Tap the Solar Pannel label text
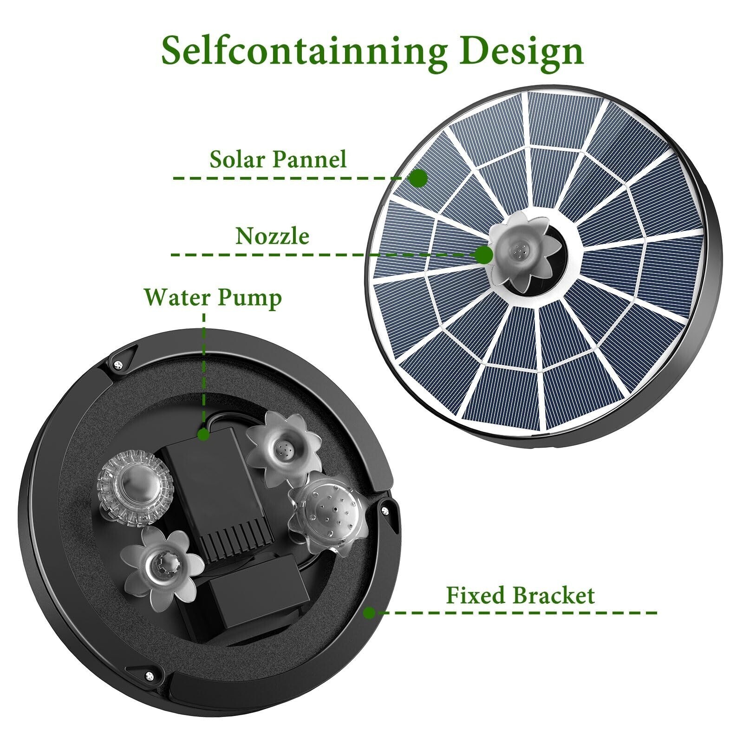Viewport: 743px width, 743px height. tap(278, 159)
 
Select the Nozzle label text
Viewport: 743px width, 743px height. tap(272, 236)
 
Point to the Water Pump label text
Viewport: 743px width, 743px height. tap(213, 298)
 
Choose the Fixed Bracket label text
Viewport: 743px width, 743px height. tap(520, 595)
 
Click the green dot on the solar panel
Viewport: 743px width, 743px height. tap(419, 178)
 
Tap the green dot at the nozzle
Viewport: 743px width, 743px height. tap(484, 254)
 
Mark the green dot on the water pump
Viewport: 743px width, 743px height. tap(203, 434)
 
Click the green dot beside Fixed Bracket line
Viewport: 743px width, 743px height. tap(370, 613)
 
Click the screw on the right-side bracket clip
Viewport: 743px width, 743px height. tap(385, 510)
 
